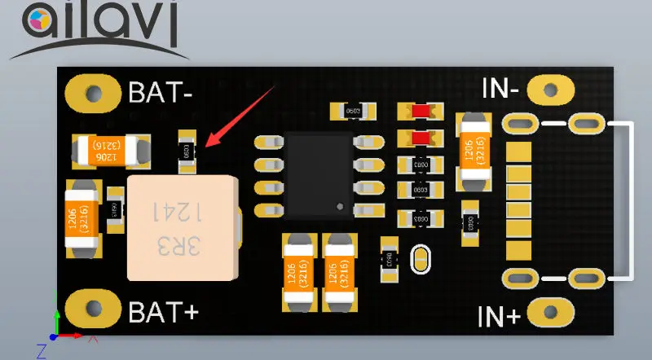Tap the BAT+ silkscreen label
click(161, 312)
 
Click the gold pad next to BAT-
click(92, 91)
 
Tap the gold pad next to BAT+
click(92, 311)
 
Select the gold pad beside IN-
click(551, 87)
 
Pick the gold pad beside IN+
click(551, 312)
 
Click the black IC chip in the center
click(318, 174)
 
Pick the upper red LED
click(421, 112)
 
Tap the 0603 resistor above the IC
click(354, 110)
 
